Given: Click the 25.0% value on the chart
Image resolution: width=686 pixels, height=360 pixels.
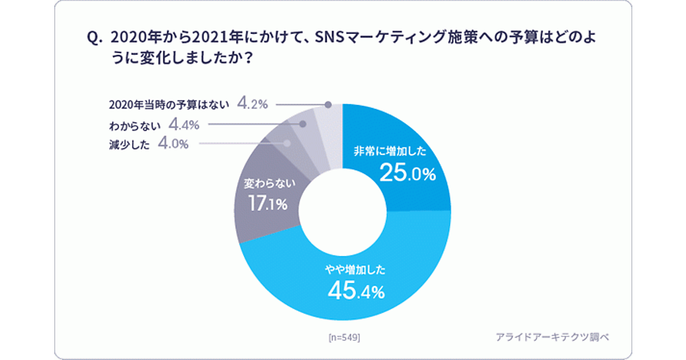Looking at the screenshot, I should (x=408, y=174).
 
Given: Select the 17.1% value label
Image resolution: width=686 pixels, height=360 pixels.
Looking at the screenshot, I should (x=267, y=203).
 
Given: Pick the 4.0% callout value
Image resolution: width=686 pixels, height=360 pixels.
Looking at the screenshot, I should (x=173, y=144).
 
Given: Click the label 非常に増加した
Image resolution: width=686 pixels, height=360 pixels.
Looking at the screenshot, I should (x=389, y=153).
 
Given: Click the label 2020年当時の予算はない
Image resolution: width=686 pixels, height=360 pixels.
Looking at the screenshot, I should (x=169, y=105).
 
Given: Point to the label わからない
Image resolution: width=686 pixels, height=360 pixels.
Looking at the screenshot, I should (x=135, y=124).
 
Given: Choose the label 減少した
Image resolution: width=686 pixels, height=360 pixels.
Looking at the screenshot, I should (x=129, y=145).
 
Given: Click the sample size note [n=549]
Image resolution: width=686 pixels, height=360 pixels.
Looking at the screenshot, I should (x=344, y=337).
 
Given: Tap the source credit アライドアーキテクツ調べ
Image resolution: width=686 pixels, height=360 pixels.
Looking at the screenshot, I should (x=552, y=337).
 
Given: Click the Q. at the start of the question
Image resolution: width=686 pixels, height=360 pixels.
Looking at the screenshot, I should (x=94, y=38).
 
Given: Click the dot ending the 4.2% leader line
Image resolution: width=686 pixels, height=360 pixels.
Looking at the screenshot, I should (x=328, y=105).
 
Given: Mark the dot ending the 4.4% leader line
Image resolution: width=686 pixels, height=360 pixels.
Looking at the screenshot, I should (x=304, y=123).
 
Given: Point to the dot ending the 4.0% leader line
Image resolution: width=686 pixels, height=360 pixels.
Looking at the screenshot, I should (x=288, y=144).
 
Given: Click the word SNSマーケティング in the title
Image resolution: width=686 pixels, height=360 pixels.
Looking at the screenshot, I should (x=380, y=38).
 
